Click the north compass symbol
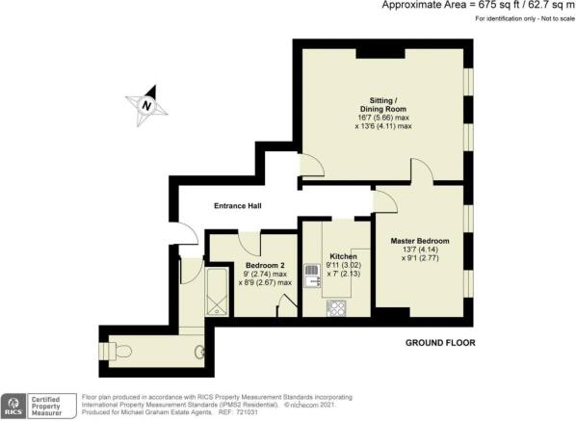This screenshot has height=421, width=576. (146, 106)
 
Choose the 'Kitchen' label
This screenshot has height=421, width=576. (344, 256)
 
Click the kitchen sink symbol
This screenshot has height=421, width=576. (312, 276)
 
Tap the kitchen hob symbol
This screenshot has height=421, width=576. (338, 308)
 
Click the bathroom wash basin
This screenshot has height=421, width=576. (200, 352)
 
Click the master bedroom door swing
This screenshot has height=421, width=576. (382, 200)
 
